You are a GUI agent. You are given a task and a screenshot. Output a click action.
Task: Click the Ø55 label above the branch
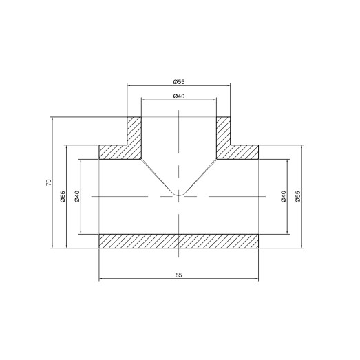(x=179, y=81)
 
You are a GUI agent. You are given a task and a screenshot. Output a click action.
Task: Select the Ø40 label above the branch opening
(x=179, y=96)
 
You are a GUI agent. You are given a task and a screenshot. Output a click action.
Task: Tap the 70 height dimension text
(x=47, y=182)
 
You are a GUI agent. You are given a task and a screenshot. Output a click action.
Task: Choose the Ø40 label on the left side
(x=77, y=197)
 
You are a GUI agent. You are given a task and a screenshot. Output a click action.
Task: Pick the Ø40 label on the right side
(x=283, y=197)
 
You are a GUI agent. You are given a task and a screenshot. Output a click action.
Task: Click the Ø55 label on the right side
(x=298, y=197)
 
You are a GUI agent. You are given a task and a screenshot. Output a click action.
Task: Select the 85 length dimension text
(x=179, y=275)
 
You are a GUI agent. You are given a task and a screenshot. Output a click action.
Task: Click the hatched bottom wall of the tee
(x=179, y=242)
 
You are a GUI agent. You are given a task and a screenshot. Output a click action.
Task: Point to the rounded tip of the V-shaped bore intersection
(x=179, y=194)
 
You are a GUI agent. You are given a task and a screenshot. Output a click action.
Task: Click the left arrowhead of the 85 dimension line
(x=103, y=279)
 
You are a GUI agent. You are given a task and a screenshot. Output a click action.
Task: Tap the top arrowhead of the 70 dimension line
(x=52, y=119)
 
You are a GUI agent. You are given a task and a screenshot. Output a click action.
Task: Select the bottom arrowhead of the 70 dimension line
(x=52, y=246)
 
